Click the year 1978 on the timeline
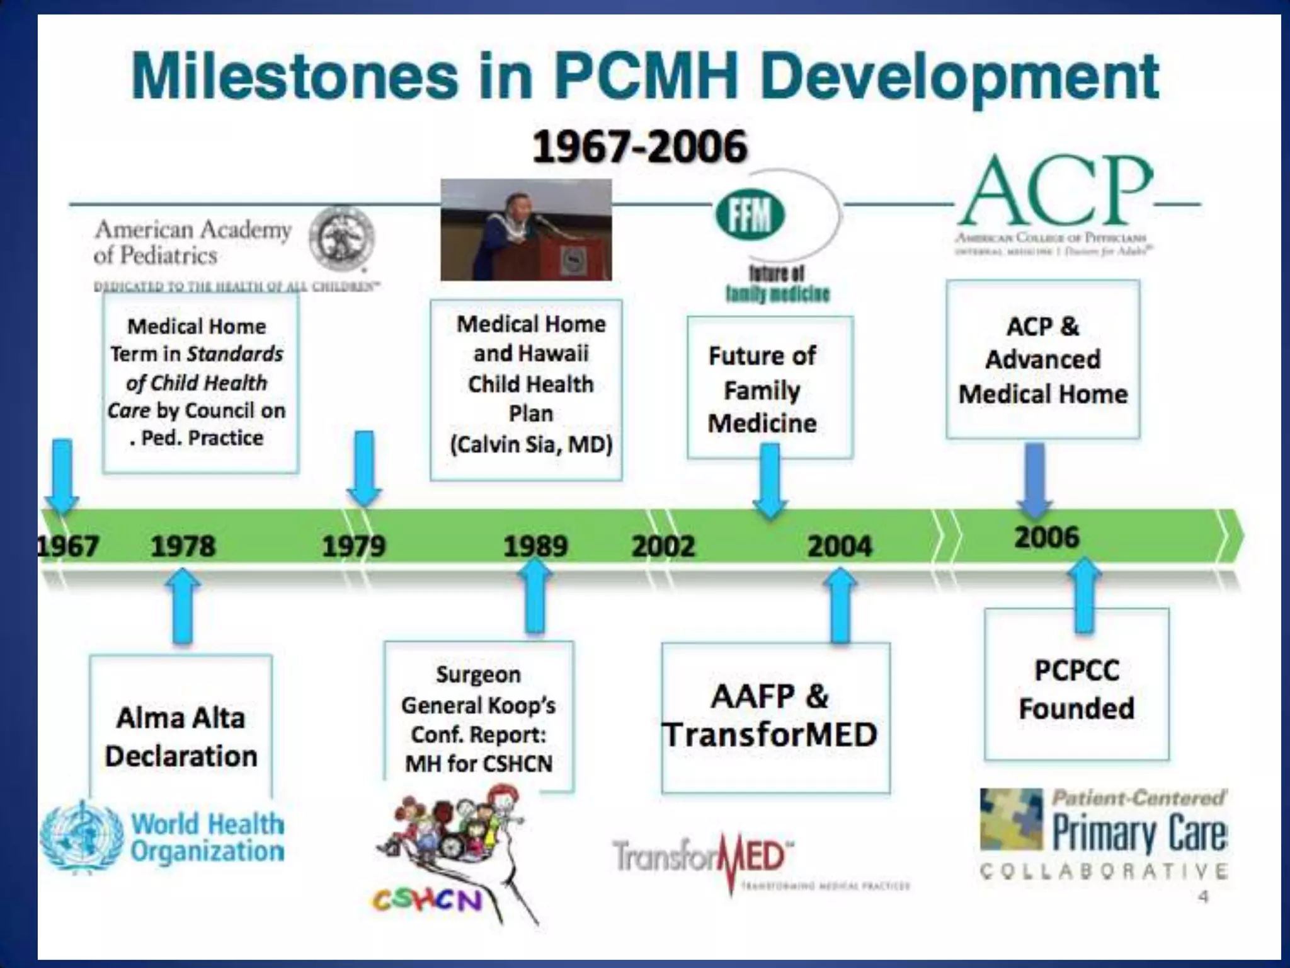coord(183,546)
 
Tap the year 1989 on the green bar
coord(535,546)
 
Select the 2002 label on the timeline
coord(663,546)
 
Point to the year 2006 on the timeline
coord(1047,537)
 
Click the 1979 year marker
coord(354,546)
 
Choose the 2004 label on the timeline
coord(840,546)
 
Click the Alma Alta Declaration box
coord(181,736)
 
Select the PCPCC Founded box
coord(1076,688)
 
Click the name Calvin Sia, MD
coord(531,444)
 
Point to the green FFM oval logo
coord(750,215)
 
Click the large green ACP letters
coord(1055,192)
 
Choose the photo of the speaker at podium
coord(526,229)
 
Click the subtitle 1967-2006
coord(639,147)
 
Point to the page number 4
coord(1203,896)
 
